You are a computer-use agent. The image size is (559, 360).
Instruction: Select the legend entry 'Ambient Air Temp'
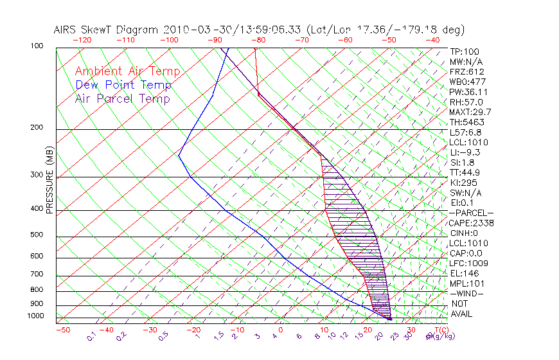127,71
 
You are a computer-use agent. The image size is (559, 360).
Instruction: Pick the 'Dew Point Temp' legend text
123,85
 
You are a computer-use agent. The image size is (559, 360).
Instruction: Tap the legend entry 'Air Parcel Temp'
122,98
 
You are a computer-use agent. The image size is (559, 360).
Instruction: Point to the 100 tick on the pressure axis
37,46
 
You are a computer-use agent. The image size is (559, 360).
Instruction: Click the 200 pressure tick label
37,128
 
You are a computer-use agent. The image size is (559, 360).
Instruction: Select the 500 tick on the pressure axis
37,235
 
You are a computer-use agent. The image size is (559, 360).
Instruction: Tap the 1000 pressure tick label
35,316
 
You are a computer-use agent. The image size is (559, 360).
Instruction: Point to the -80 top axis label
258,40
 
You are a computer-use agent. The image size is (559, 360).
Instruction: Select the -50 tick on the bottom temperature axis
62,330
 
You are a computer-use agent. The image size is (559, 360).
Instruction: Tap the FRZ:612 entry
466,71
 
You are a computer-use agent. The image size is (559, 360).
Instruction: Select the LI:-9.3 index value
465,152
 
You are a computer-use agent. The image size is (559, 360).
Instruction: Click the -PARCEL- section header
471,213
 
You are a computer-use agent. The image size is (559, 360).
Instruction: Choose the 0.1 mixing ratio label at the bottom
92,336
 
